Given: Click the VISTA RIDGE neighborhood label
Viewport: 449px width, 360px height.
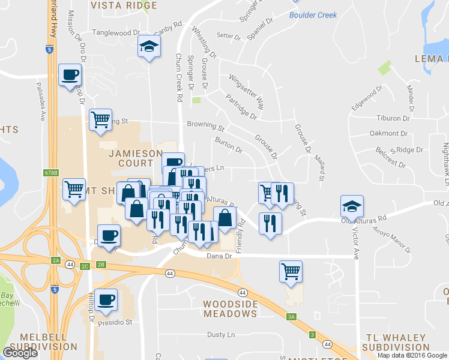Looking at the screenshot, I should coord(124,5).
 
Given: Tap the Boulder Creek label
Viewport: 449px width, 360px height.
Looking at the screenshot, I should coord(313,15).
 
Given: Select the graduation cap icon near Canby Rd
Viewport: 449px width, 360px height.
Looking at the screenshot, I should coord(149,47).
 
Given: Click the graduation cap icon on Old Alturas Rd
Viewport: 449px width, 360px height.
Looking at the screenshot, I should coord(352,206).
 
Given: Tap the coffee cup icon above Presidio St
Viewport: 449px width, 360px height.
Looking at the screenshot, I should coord(107,299).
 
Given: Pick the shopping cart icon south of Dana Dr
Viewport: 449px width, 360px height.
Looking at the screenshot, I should coord(291,271).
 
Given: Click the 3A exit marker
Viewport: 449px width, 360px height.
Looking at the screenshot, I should coord(292,316).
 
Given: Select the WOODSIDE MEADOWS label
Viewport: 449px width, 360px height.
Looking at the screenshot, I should coord(231,308).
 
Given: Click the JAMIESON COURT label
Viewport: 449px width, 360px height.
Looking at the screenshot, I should coord(131,158).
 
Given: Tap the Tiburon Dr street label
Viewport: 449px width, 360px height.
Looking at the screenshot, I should coord(393,118).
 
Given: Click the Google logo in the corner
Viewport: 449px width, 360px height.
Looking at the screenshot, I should coord(20,353).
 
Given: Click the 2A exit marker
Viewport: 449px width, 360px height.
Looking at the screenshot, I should coord(56,260).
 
